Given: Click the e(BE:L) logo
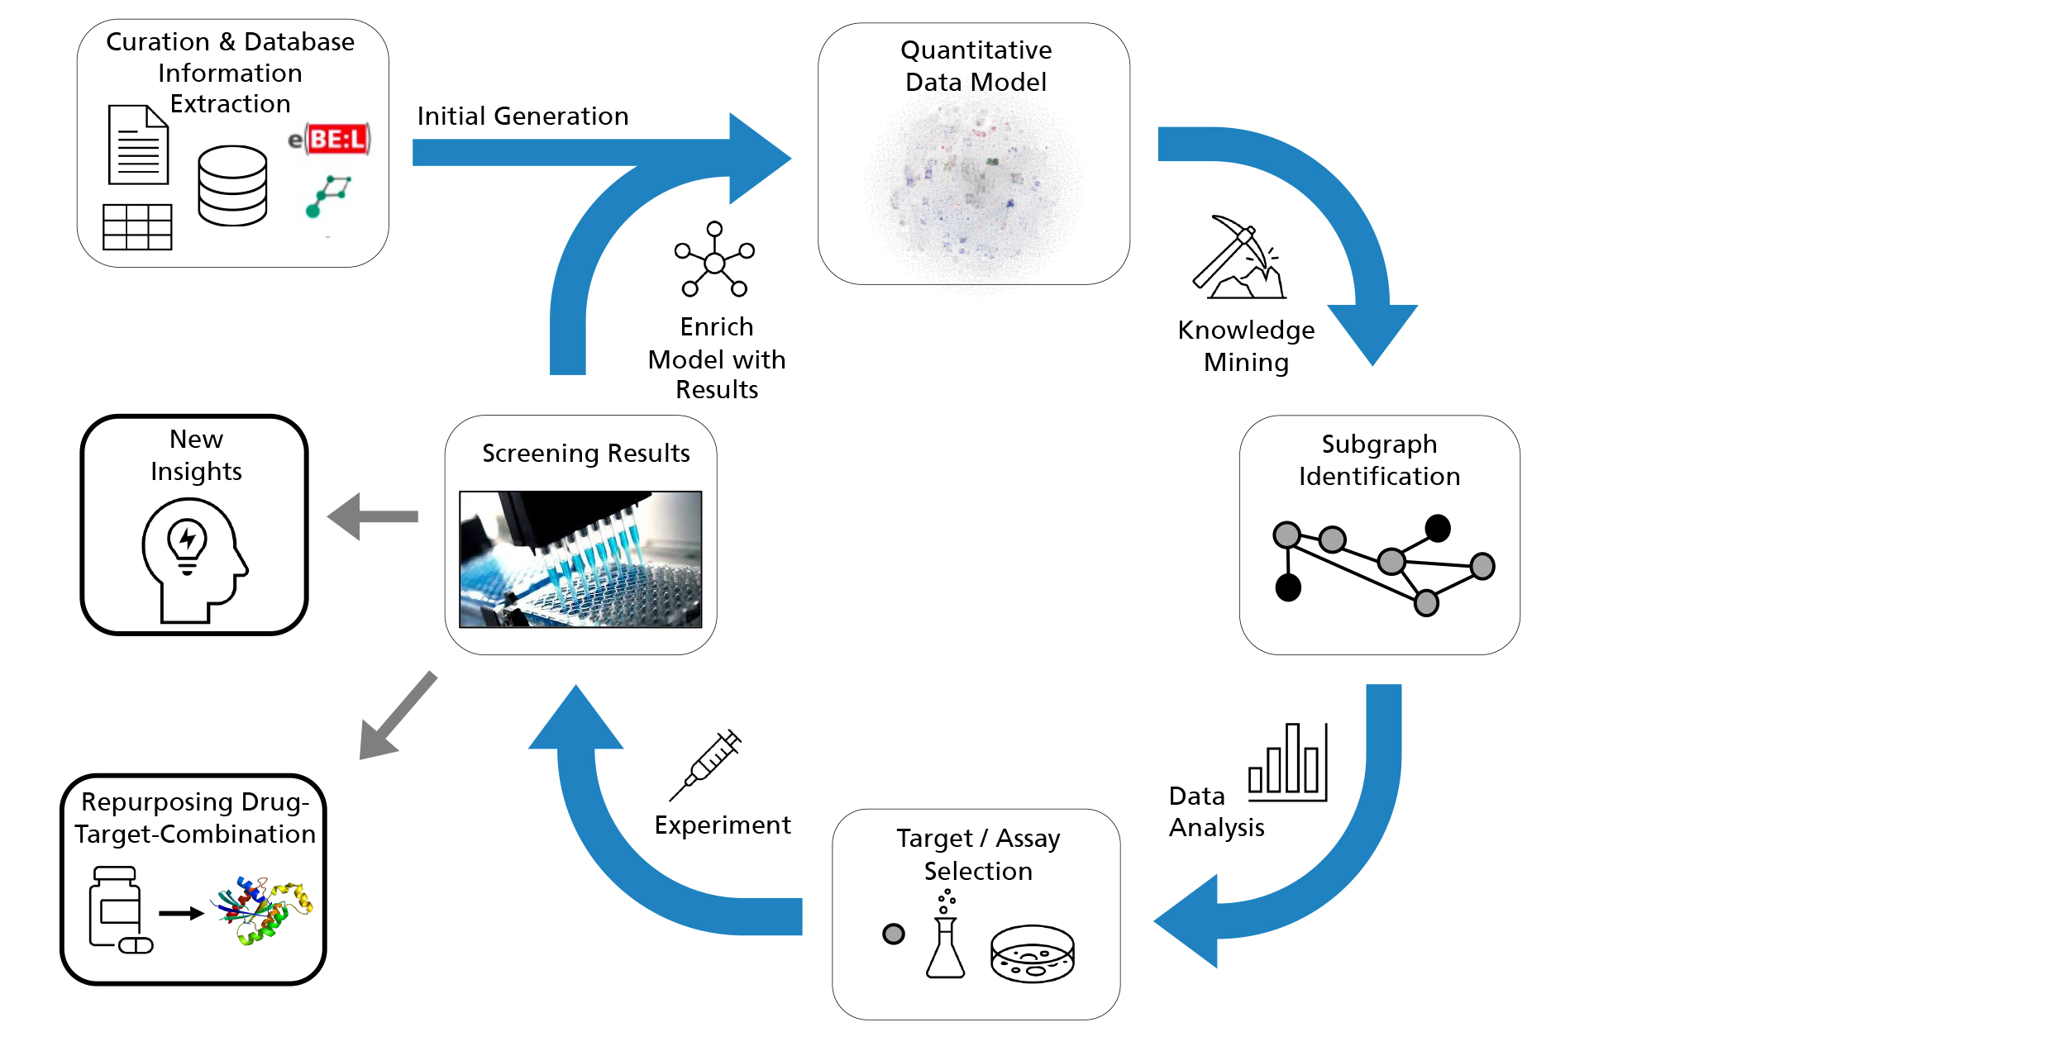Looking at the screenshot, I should point(331,139).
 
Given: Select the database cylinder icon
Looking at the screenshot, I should point(232,186).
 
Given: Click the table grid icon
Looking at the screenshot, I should point(137,226).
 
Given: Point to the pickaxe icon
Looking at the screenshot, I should point(1238,258).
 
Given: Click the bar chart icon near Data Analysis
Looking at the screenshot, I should point(1287,762).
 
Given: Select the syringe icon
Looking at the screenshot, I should point(706,764).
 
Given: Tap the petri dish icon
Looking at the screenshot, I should point(1032,953).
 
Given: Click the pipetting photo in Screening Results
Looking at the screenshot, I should point(580,559).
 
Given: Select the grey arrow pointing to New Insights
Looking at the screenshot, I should point(374,516).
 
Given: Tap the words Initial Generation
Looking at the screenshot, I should point(523,116).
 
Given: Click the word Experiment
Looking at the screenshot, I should point(722,825).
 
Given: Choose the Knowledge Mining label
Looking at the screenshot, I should point(1246,345).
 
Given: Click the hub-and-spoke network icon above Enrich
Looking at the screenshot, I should point(714,259).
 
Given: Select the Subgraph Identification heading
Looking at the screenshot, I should point(1379,460).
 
